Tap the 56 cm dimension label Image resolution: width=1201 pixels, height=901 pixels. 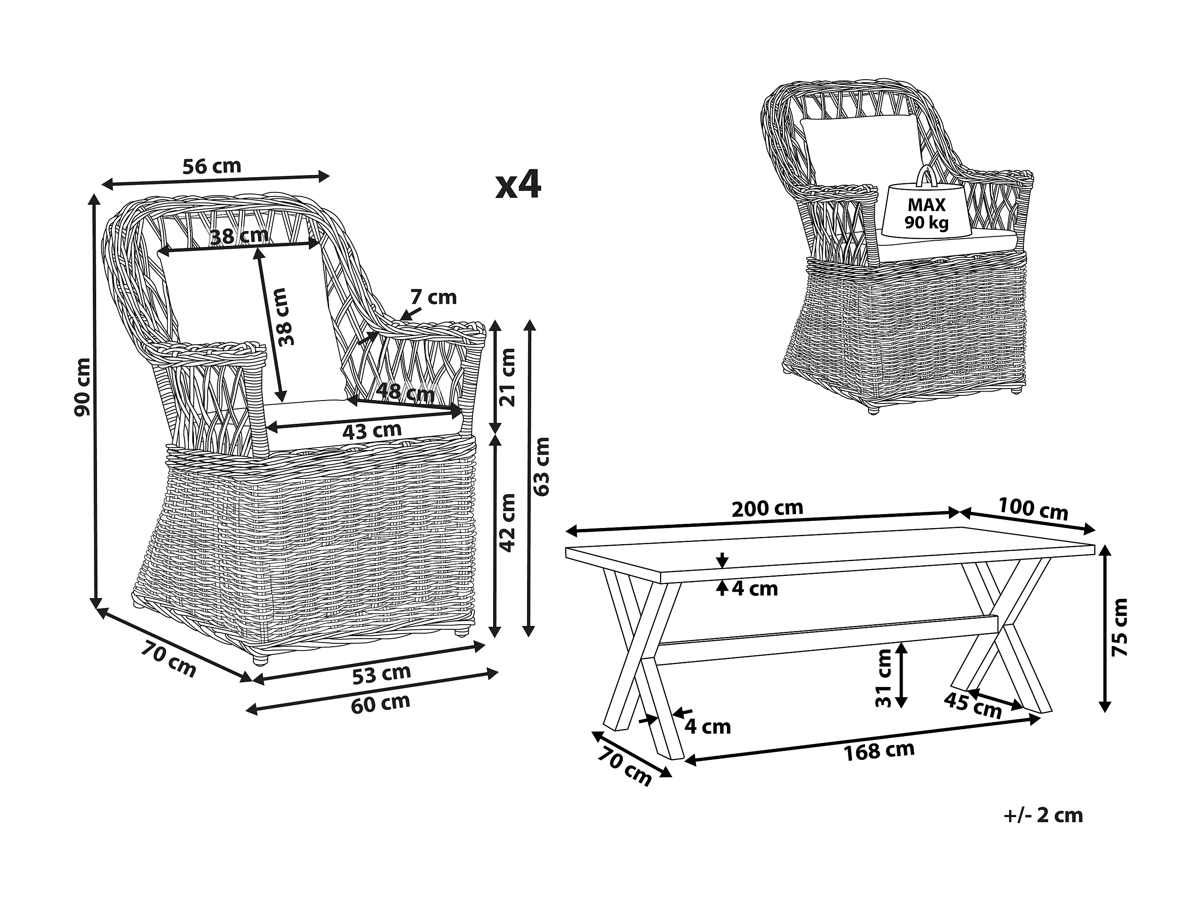pyautogui.click(x=211, y=166)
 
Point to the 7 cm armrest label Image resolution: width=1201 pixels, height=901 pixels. pyautogui.click(x=433, y=298)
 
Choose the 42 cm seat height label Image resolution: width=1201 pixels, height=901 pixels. pyautogui.click(x=508, y=522)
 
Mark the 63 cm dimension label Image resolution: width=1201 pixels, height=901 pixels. pyautogui.click(x=542, y=467)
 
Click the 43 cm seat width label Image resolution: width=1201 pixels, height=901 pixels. pyautogui.click(x=372, y=431)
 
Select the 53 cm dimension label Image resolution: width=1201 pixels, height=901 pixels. pyautogui.click(x=382, y=674)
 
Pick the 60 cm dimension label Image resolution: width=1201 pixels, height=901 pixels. pyautogui.click(x=380, y=704)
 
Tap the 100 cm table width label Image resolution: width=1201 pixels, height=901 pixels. pyautogui.click(x=1033, y=509)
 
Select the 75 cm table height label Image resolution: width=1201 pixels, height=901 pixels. pyautogui.click(x=1120, y=627)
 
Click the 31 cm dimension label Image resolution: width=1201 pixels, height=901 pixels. pyautogui.click(x=884, y=679)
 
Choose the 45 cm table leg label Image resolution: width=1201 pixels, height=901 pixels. pyautogui.click(x=972, y=706)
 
